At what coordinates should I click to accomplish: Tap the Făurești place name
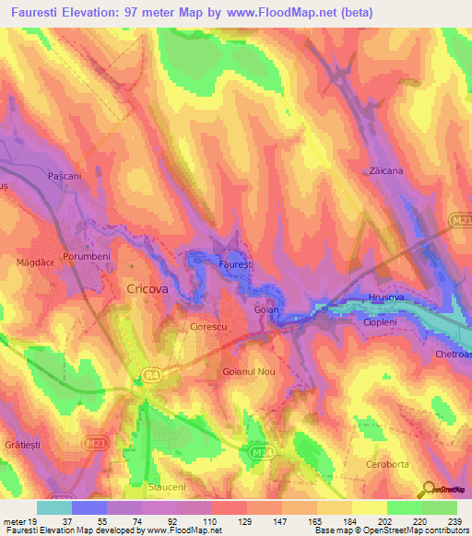[235, 263]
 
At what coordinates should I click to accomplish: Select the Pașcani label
[65, 174]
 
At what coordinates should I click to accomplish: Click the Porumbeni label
[86, 256]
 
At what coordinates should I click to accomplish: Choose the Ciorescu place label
[207, 325]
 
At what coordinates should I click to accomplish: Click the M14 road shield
[261, 451]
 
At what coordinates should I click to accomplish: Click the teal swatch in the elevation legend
[54, 507]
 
